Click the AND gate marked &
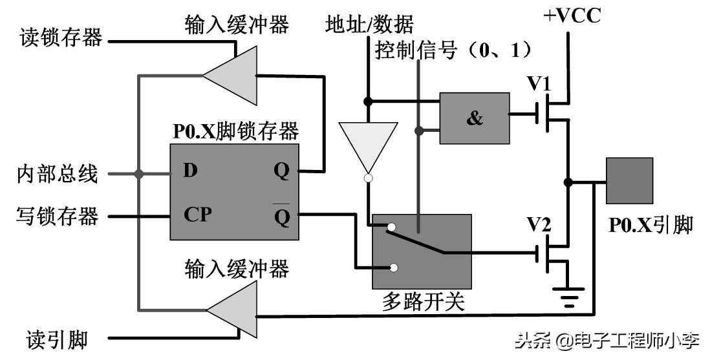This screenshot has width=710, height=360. click(474, 118)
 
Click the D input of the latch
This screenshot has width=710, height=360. click(190, 171)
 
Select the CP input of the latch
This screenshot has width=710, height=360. click(197, 214)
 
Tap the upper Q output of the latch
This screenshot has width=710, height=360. click(282, 171)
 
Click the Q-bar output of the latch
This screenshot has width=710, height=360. click(282, 215)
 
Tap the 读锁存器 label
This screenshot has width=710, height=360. click(60, 38)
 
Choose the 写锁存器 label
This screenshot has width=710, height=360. click(58, 215)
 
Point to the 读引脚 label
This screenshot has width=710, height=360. click(57, 338)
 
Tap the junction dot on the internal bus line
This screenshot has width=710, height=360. click(138, 173)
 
